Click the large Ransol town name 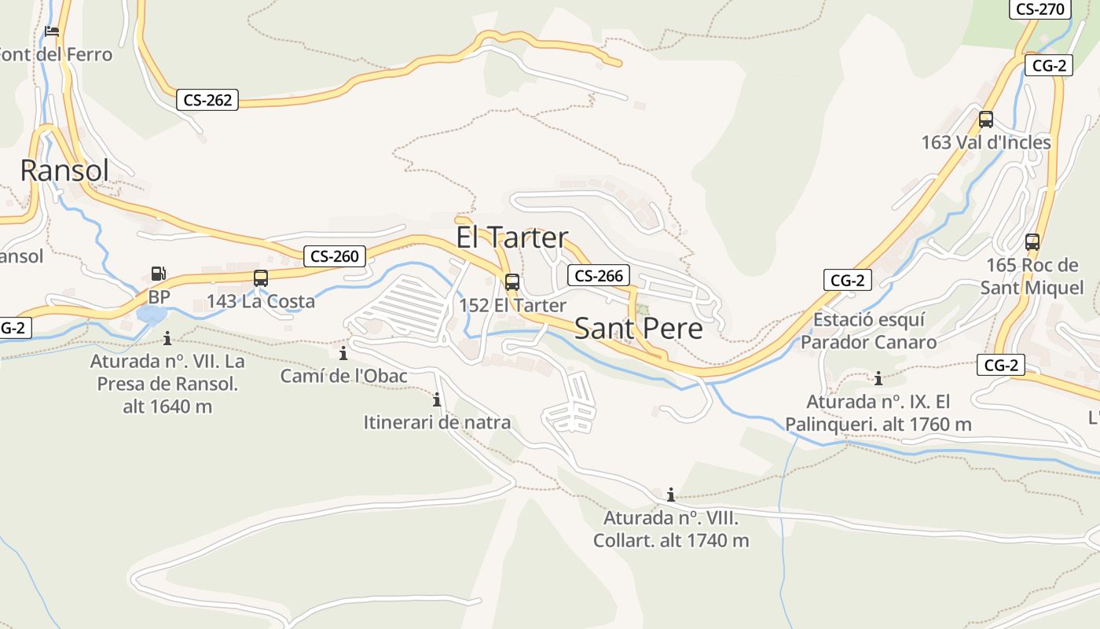(64, 170)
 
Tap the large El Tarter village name (511, 237)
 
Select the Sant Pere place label (638, 329)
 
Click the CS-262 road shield (207, 100)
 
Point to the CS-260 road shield (335, 256)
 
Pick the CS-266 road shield (599, 275)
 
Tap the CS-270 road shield (1039, 9)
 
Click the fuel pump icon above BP (159, 274)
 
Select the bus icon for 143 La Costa (261, 278)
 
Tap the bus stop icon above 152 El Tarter (512, 281)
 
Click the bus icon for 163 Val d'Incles (986, 120)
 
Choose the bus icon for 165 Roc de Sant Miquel (1032, 242)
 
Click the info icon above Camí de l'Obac (343, 353)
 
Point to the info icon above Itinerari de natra (437, 399)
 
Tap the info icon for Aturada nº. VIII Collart (671, 495)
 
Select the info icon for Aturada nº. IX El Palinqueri (878, 378)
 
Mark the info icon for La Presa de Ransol (167, 338)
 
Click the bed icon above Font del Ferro (52, 31)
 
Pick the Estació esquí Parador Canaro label (868, 331)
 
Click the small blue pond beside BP (151, 314)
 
